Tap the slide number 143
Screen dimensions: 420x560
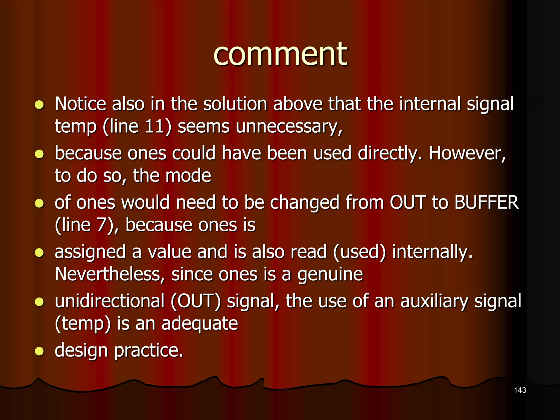520,390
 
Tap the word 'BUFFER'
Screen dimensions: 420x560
486,202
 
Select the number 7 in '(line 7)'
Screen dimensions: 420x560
101,225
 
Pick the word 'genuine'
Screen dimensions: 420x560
330,275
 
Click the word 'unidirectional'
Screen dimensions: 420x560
110,301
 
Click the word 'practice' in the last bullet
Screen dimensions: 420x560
148,351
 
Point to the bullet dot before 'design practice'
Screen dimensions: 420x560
39,351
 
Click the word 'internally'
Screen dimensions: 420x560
432,252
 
